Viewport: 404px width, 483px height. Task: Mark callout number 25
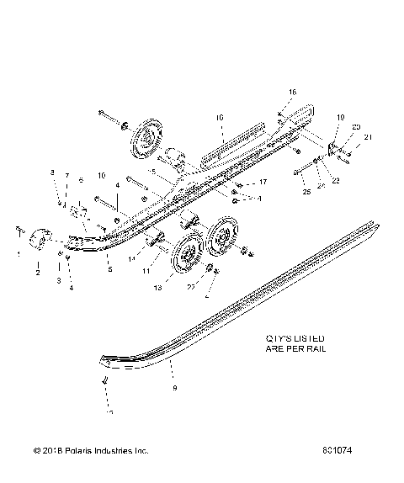point(306,193)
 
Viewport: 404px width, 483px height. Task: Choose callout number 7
point(67,176)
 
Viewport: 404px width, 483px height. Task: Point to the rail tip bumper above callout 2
point(41,240)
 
